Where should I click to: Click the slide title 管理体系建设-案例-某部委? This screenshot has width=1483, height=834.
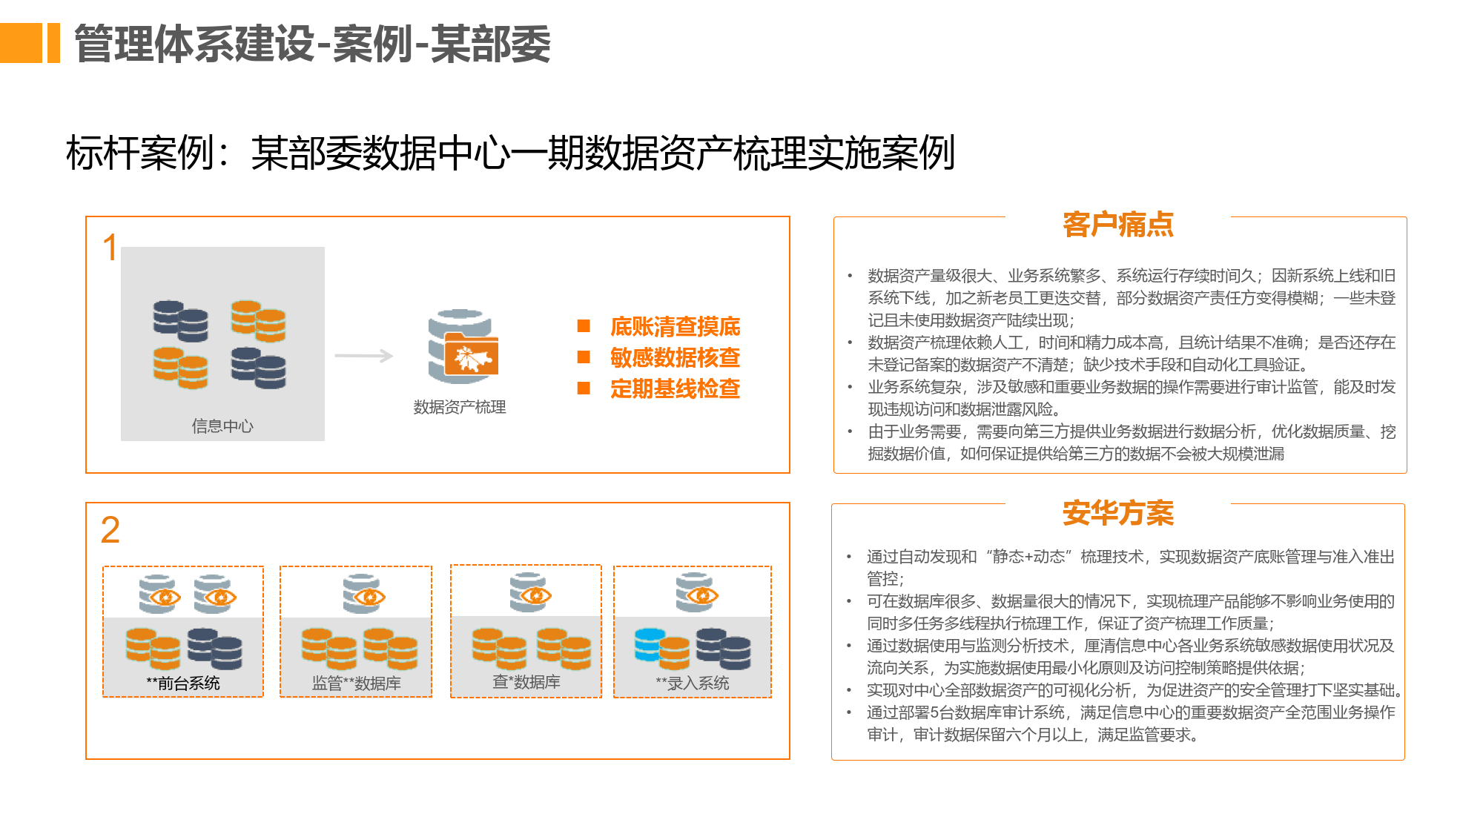312,44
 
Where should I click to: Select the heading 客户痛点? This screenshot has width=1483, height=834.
1118,224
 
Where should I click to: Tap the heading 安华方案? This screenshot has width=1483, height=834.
1118,512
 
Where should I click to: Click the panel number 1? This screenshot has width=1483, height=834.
110,247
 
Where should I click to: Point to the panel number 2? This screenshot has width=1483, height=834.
110,529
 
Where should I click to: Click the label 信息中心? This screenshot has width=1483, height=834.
222,426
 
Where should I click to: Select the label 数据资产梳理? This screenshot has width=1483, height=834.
460,406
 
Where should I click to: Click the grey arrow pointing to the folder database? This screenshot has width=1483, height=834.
363,356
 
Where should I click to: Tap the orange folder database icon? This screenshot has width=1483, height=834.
463,346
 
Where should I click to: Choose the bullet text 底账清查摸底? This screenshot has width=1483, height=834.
675,326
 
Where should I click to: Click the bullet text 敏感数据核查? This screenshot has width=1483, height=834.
675,357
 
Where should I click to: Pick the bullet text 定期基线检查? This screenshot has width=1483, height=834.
675,388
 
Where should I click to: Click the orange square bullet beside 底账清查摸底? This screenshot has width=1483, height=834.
584,325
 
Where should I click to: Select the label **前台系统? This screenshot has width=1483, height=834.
183,683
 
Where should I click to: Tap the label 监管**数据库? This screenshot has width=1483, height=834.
357,683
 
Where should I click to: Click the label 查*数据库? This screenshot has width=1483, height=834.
526,681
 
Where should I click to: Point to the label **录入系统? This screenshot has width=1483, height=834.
693,683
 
